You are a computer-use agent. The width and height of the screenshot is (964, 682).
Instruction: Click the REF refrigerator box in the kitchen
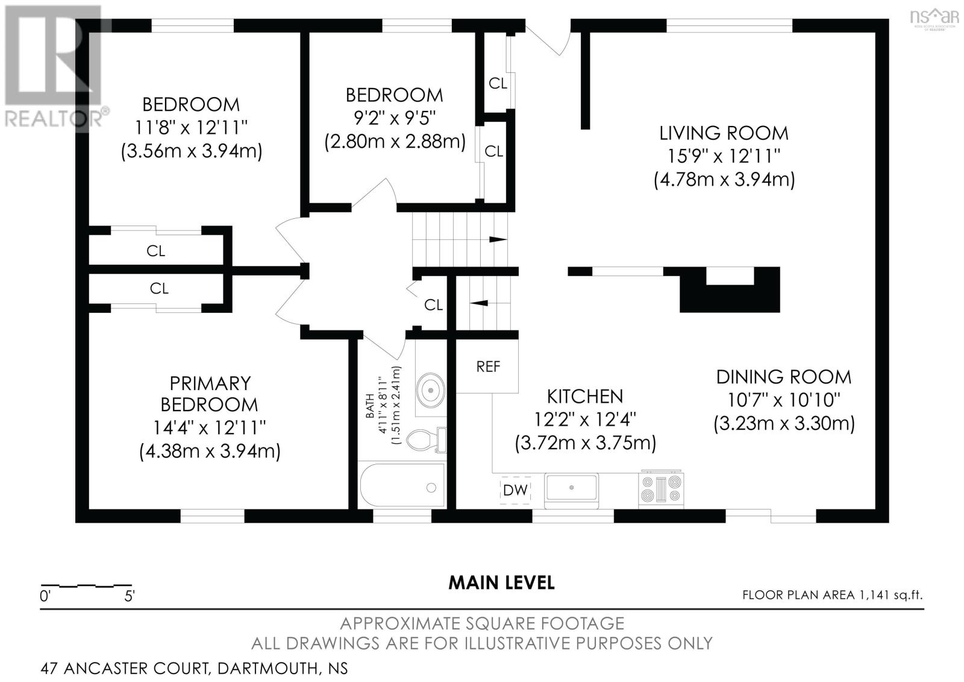(487, 366)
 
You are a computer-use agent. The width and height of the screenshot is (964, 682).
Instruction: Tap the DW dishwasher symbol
(515, 490)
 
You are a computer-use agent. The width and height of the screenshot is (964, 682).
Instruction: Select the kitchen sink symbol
(571, 488)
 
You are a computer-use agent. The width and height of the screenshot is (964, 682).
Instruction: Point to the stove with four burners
(662, 487)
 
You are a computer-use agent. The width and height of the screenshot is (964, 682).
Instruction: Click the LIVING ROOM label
(724, 133)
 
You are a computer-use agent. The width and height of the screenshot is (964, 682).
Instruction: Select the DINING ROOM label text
(784, 377)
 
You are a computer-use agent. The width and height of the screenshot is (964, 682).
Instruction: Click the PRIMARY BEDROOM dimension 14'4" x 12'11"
(210, 428)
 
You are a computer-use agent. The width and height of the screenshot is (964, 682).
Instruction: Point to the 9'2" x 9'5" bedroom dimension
(395, 118)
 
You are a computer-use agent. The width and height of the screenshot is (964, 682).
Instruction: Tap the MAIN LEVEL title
(501, 583)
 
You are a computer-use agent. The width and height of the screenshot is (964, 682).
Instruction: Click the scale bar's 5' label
(130, 597)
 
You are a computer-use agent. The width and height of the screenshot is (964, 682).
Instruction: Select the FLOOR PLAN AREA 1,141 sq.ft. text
(832, 595)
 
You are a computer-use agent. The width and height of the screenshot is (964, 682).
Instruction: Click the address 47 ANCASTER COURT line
(194, 668)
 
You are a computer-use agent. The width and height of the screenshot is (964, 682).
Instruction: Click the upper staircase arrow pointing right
(497, 239)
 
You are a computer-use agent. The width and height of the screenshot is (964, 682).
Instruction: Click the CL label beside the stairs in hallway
(433, 305)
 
